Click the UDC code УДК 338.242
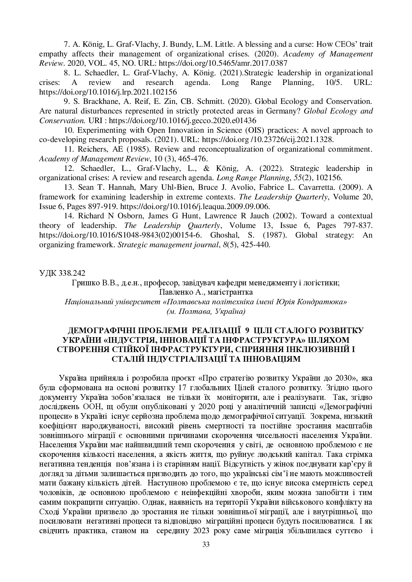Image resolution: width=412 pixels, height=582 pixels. [x=62, y=273]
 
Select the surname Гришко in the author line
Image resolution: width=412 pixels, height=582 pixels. [x=83, y=283]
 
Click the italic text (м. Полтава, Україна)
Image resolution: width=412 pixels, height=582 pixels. [x=206, y=312]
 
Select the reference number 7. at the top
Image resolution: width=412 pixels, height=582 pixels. [x=66, y=44]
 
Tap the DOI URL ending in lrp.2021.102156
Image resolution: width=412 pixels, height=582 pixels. [x=108, y=92]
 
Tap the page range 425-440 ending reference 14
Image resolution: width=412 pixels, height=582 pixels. [x=255, y=245]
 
